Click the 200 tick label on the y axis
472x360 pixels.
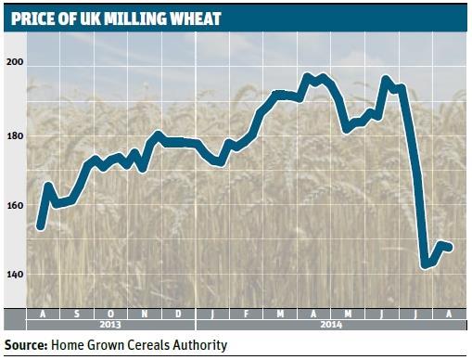[14, 63]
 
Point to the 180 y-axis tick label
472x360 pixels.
[14, 136]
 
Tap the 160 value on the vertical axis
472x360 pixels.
[14, 205]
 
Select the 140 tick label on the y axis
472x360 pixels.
[14, 276]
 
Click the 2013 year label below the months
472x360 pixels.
[109, 326]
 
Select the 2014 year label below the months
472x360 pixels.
[330, 326]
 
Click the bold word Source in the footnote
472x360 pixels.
[25, 346]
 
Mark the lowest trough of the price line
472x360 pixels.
[425, 265]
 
